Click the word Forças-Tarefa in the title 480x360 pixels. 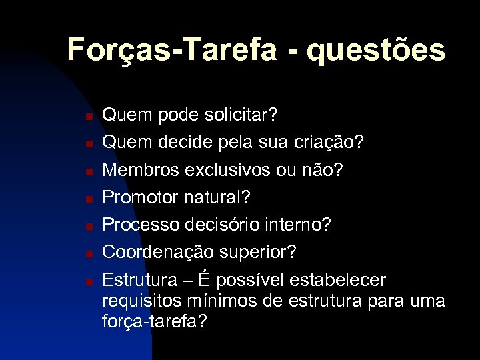point(172,50)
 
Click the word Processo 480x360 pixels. point(140,225)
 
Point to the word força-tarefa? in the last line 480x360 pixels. point(155,321)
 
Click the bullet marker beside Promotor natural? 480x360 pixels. point(88,199)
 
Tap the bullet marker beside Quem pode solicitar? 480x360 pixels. point(88,117)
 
